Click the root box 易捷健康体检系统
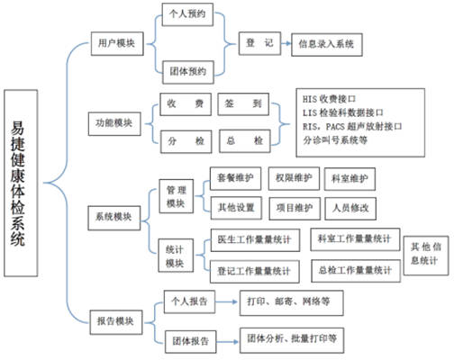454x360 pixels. coord(21,183)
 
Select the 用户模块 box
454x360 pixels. coord(117,43)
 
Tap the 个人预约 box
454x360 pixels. coord(187,14)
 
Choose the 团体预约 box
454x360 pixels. coord(188,72)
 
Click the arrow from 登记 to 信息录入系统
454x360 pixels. coord(286,43)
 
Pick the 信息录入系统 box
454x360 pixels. coord(327,45)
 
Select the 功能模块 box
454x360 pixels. coord(114,123)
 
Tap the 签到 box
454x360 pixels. coord(243,104)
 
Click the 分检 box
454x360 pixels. coord(186,141)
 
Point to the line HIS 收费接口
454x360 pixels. coord(330,99)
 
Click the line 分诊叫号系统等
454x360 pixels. coord(335,140)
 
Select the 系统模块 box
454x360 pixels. coord(114,218)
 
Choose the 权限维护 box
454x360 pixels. coord(294,178)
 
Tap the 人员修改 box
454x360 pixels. coord(350,209)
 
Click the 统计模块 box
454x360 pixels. coord(176,256)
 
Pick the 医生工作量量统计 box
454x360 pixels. coord(255,240)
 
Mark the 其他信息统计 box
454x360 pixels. coord(426,256)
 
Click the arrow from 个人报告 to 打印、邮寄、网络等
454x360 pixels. coord(227,301)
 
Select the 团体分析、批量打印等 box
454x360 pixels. coord(292,340)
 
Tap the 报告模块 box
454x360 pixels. coord(116,322)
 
